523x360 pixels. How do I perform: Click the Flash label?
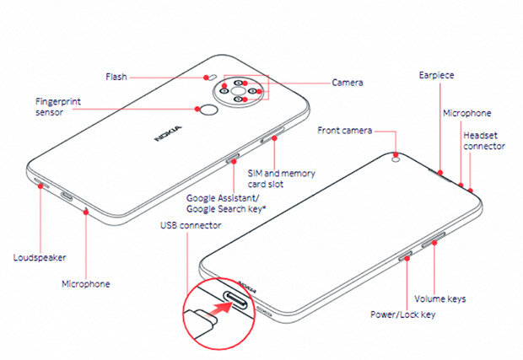(x=116, y=76)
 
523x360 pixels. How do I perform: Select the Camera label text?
(x=348, y=83)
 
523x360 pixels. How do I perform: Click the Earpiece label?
(x=436, y=75)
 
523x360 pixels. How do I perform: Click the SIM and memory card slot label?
(x=281, y=178)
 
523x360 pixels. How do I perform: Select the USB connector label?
(x=191, y=226)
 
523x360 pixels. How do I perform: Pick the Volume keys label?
(x=439, y=298)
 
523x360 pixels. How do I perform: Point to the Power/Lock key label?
(x=403, y=314)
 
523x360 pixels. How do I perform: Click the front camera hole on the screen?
(x=396, y=155)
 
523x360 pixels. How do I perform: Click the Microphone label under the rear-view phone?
(x=85, y=284)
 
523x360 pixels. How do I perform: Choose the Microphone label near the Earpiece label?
(x=466, y=113)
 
